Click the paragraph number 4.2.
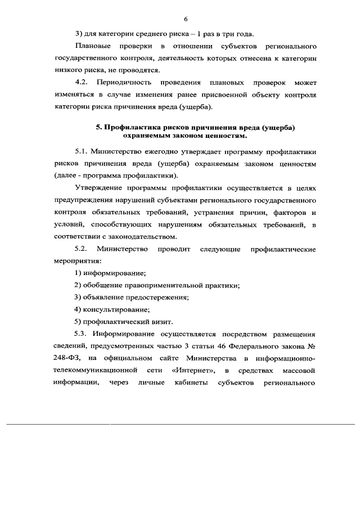pos(83,83)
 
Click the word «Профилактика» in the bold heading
pos(134,128)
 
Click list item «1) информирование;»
pos(110,273)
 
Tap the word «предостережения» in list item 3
pos(159,298)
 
